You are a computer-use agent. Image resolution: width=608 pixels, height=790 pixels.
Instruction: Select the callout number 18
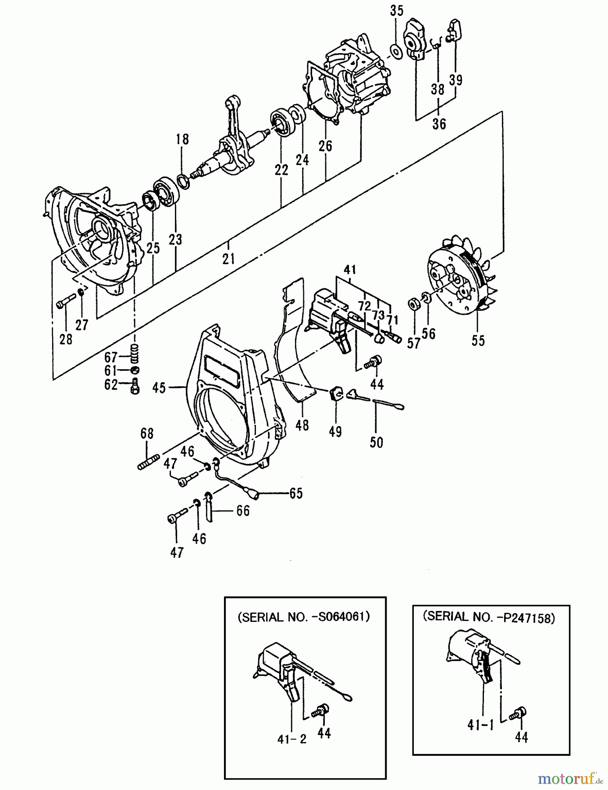[x=182, y=140]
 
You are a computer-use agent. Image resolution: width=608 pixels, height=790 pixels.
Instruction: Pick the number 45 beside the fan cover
[x=160, y=388]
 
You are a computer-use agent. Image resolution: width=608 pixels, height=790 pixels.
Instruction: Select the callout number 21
[x=228, y=259]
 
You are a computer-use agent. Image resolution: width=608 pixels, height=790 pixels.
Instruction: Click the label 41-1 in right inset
[x=480, y=726]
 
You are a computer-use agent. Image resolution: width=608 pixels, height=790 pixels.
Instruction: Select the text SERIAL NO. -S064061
[x=304, y=617]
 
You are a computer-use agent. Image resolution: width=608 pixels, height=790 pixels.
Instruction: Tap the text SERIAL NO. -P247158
[x=489, y=617]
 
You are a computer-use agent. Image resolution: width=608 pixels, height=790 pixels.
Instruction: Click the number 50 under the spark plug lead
[x=376, y=442]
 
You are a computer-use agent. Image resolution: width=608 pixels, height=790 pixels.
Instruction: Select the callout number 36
[x=439, y=124]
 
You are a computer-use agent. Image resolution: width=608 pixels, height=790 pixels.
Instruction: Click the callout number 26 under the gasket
[x=325, y=146]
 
